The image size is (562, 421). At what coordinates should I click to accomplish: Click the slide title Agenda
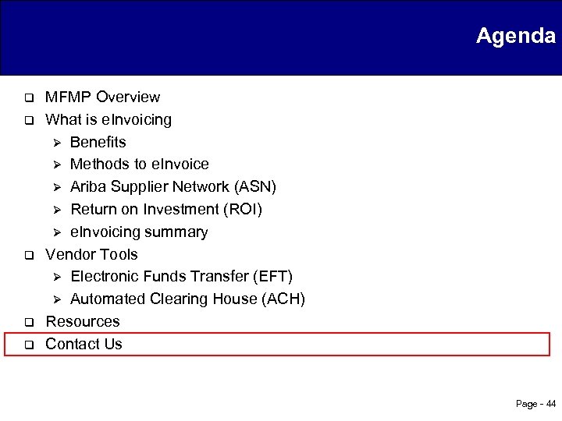(515, 36)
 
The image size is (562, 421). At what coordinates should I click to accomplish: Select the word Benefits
(98, 142)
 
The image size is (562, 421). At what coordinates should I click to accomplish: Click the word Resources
(83, 321)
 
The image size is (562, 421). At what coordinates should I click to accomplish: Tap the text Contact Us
(84, 344)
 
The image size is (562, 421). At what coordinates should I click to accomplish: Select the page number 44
(550, 404)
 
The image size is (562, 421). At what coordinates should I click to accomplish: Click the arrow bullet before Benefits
(55, 143)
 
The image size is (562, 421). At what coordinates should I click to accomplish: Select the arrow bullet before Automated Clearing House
(55, 299)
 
